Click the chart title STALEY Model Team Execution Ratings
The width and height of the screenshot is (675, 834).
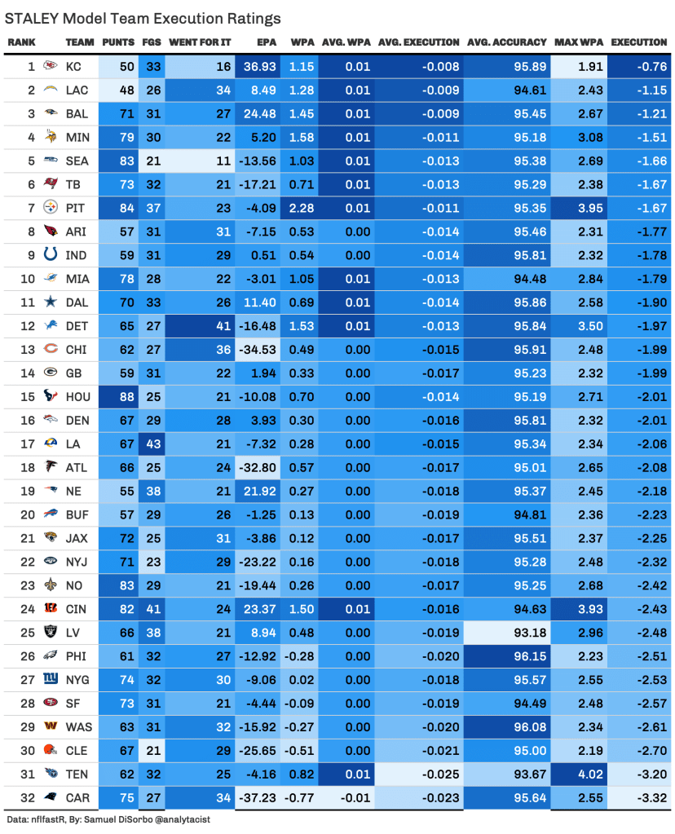[143, 18]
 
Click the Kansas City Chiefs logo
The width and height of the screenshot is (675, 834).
[50, 65]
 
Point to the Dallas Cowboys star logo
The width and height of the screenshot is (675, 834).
[50, 302]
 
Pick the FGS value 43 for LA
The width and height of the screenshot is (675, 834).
[152, 444]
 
